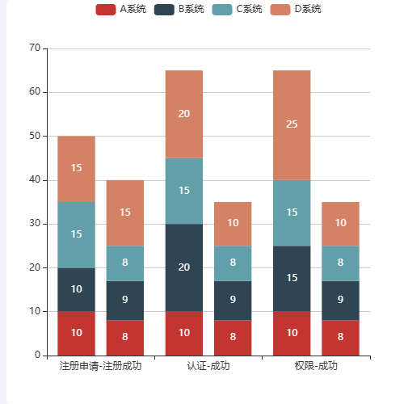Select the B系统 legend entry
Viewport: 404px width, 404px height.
click(x=182, y=9)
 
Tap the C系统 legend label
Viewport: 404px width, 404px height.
click(x=239, y=9)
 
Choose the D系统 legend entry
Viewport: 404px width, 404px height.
click(x=297, y=9)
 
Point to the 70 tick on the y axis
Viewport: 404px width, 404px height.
click(x=35, y=48)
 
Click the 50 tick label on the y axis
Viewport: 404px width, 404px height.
click(x=35, y=136)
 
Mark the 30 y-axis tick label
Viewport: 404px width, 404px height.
click(x=35, y=224)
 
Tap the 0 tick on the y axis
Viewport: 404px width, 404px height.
click(x=37, y=355)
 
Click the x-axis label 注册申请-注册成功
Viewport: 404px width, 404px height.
click(x=100, y=366)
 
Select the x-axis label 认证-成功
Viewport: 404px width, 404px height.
click(x=208, y=366)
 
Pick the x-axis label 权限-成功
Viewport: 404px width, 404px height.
click(x=316, y=366)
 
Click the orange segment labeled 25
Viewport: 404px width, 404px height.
click(x=292, y=124)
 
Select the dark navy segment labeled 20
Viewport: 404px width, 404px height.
click(x=184, y=267)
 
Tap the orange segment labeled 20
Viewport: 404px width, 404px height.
click(x=184, y=114)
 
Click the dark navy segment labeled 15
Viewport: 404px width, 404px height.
click(x=292, y=278)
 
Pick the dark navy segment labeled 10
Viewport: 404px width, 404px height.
click(x=76, y=289)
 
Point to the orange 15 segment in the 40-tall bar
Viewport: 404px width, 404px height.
click(x=125, y=213)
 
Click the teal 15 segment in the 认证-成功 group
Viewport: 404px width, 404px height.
click(x=184, y=191)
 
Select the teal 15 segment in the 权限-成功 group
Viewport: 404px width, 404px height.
click(x=292, y=213)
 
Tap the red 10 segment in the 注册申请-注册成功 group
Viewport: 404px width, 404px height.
click(x=76, y=333)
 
